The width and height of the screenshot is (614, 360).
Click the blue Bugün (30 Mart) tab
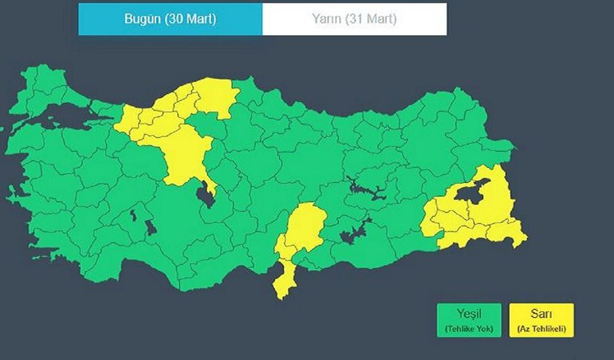click(x=170, y=19)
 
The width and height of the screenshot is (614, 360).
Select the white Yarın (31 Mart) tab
click(x=354, y=19)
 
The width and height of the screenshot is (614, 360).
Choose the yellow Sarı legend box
click(x=541, y=320)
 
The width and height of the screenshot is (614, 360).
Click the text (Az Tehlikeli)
click(x=541, y=329)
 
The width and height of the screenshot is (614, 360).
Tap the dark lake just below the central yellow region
click(x=206, y=194)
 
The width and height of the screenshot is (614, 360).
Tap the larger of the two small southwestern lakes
click(x=151, y=227)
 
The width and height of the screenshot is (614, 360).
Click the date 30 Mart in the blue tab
click(x=189, y=19)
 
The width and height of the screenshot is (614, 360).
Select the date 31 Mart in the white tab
click(x=371, y=19)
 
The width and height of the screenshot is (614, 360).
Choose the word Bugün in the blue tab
click(x=142, y=19)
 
